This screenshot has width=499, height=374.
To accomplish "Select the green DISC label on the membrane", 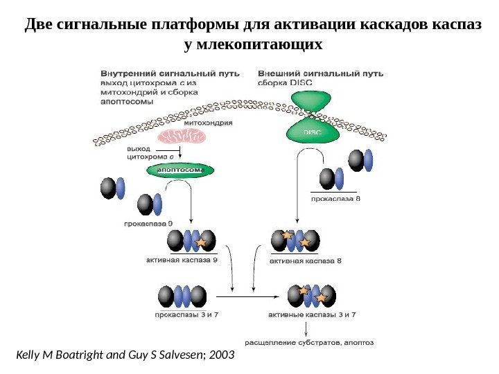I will (x=312, y=132).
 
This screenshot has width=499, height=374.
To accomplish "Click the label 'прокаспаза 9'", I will (x=148, y=223).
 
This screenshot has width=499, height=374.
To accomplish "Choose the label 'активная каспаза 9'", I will (x=182, y=260).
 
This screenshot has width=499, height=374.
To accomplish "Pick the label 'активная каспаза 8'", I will (x=306, y=261).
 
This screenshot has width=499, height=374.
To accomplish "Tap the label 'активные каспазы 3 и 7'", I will (x=312, y=314).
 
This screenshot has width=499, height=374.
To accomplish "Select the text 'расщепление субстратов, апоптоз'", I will (x=309, y=341).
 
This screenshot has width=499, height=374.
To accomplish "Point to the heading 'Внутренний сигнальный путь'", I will (x=170, y=73).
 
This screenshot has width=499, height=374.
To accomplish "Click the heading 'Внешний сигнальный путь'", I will (x=320, y=73).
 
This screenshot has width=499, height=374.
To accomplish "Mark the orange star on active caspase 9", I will (x=202, y=242).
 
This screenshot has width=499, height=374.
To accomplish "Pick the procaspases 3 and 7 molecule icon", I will (x=182, y=296).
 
